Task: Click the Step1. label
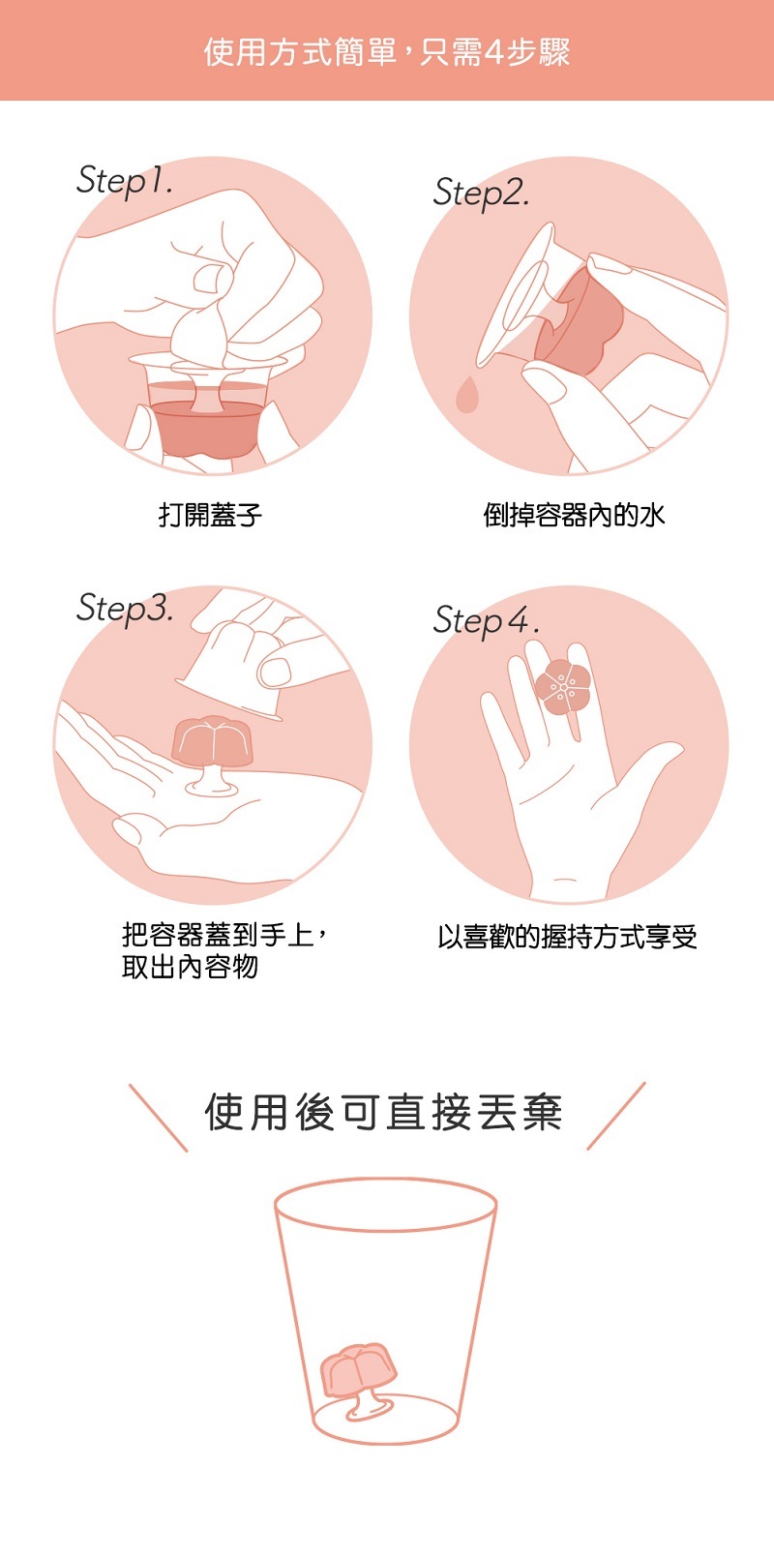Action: click(125, 181)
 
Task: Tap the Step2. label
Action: click(481, 193)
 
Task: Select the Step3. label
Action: click(125, 609)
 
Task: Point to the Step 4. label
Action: click(486, 619)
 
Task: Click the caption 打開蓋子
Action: click(211, 515)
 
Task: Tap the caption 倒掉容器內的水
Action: click(574, 515)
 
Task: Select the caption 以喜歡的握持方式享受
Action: click(567, 937)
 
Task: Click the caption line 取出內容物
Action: click(190, 967)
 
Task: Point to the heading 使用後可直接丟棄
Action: click(383, 1113)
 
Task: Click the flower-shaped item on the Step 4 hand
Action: click(562, 686)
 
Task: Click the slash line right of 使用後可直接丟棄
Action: click(616, 1117)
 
